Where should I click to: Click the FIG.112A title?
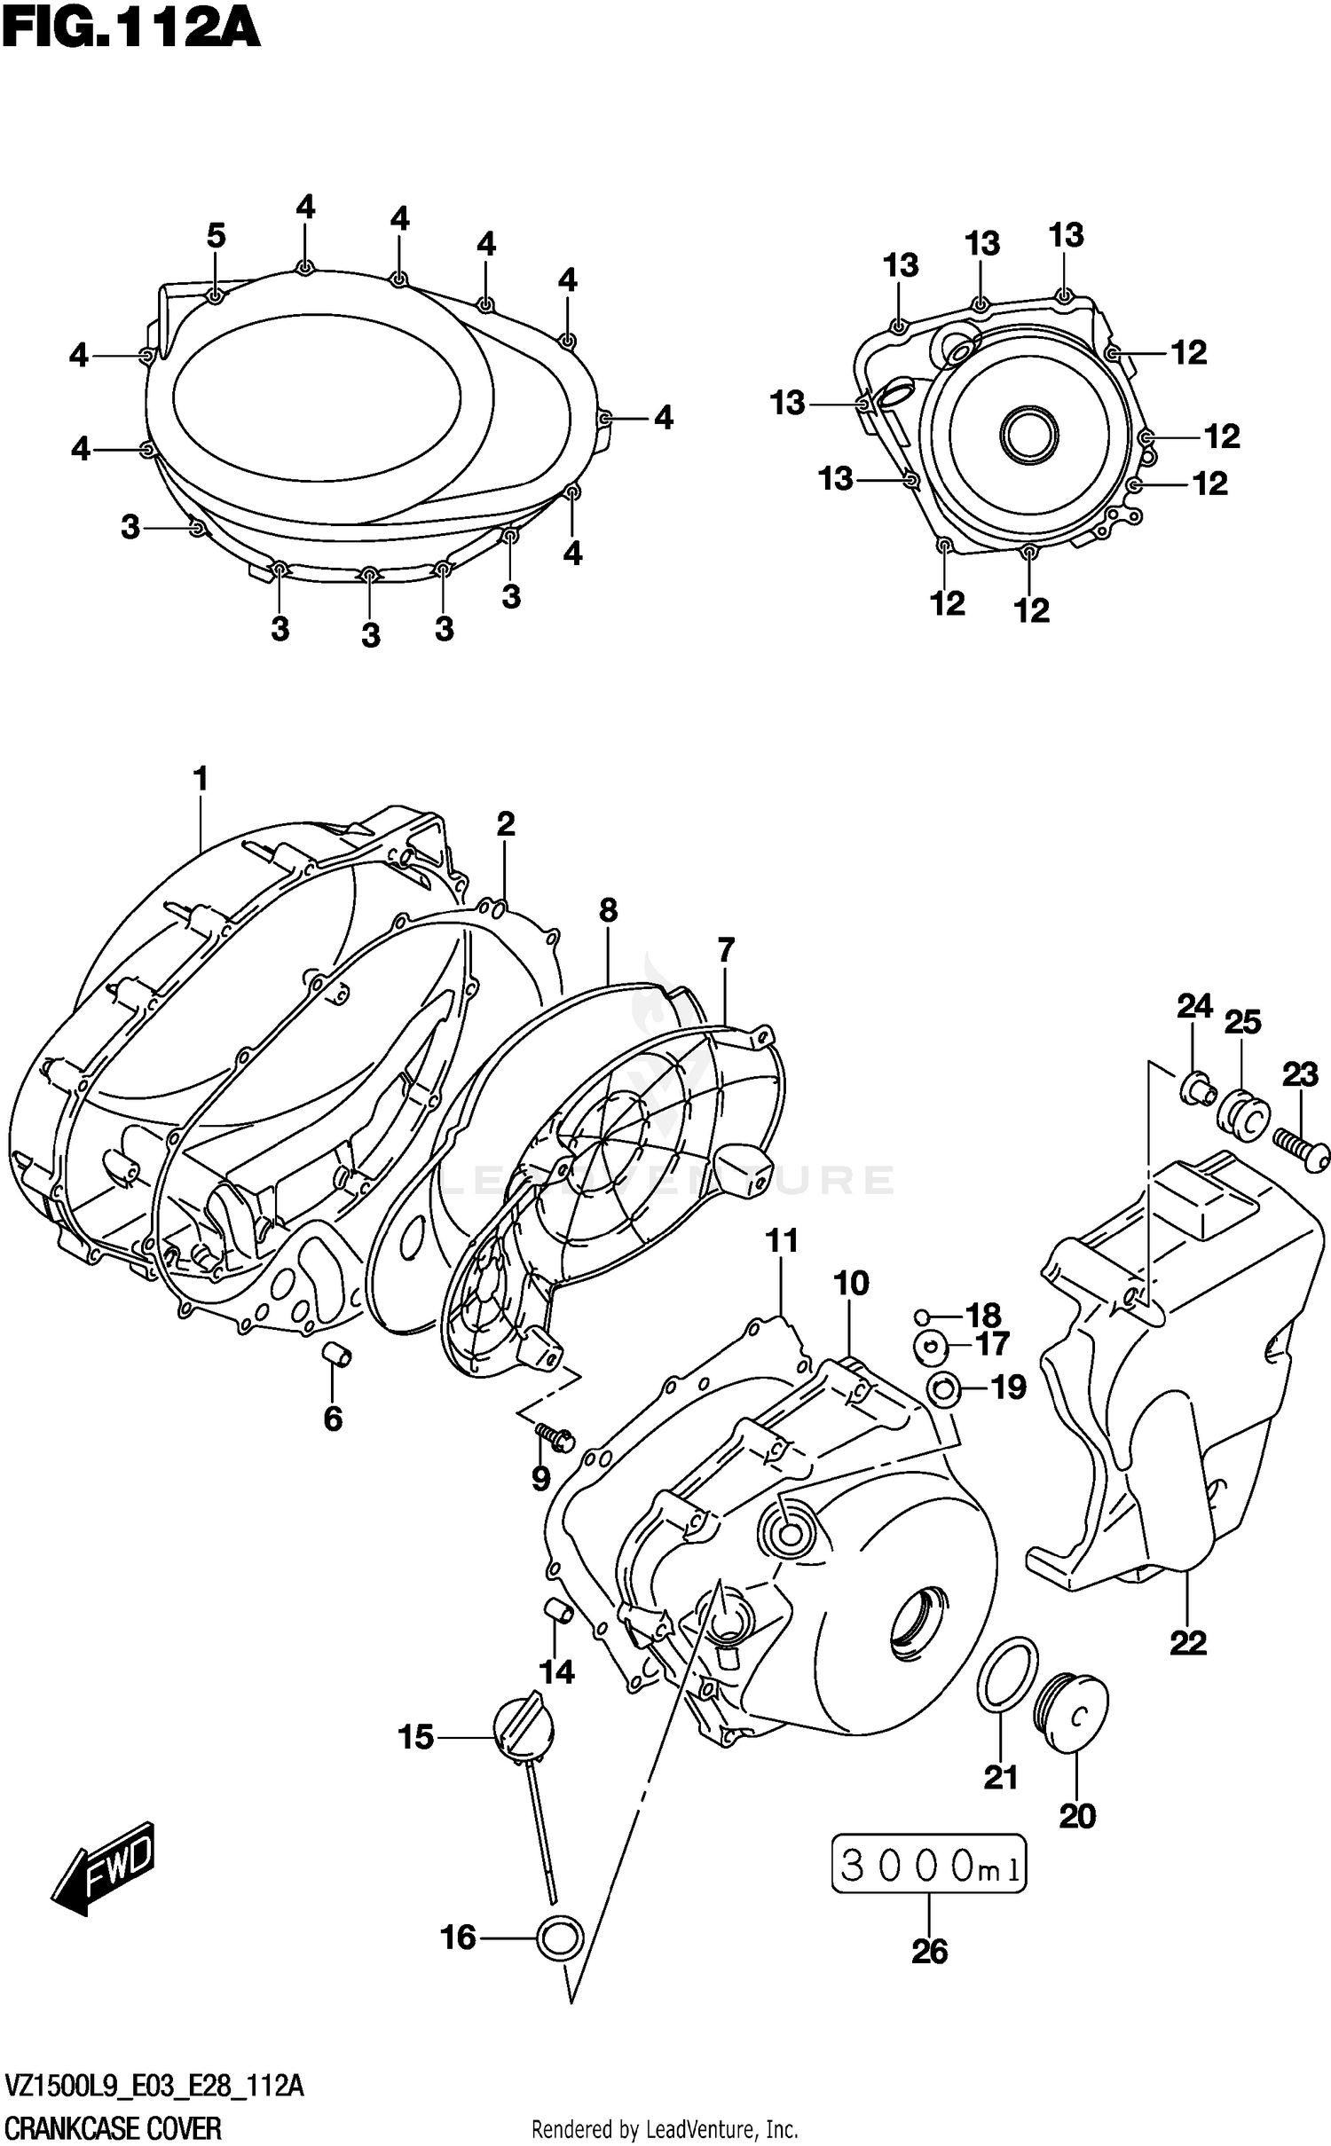point(130,28)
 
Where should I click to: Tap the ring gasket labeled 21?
point(1008,1674)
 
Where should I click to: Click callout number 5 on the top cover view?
point(217,236)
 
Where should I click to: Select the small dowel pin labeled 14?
point(556,1608)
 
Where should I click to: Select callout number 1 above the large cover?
point(201,780)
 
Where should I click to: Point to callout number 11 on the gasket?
point(783,1241)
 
